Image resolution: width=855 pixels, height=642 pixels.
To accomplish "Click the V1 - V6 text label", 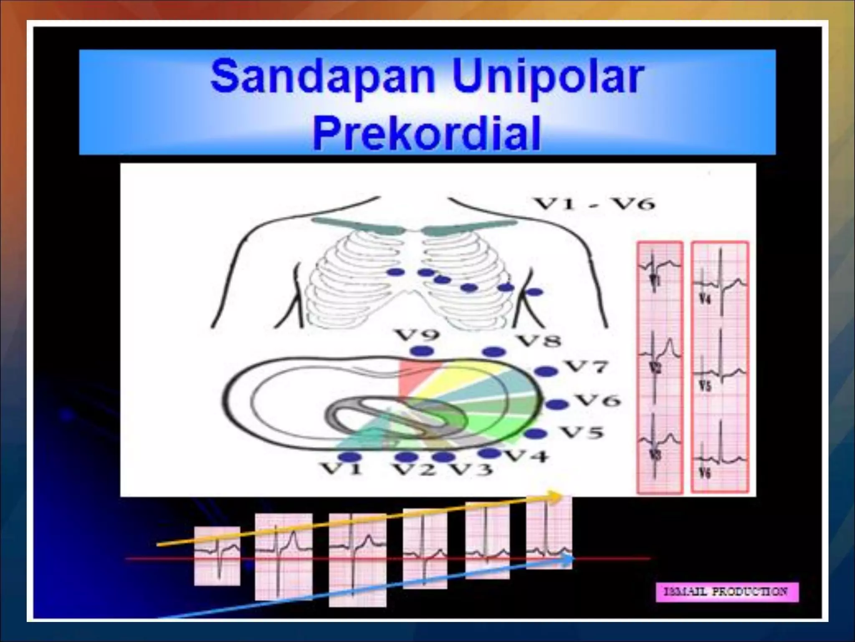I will [x=595, y=204].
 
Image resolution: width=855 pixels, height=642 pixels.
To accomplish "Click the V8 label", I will [x=539, y=341].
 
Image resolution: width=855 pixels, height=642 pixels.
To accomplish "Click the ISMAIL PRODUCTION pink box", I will [x=727, y=592].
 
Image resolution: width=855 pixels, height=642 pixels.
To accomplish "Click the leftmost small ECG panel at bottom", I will [x=217, y=556].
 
